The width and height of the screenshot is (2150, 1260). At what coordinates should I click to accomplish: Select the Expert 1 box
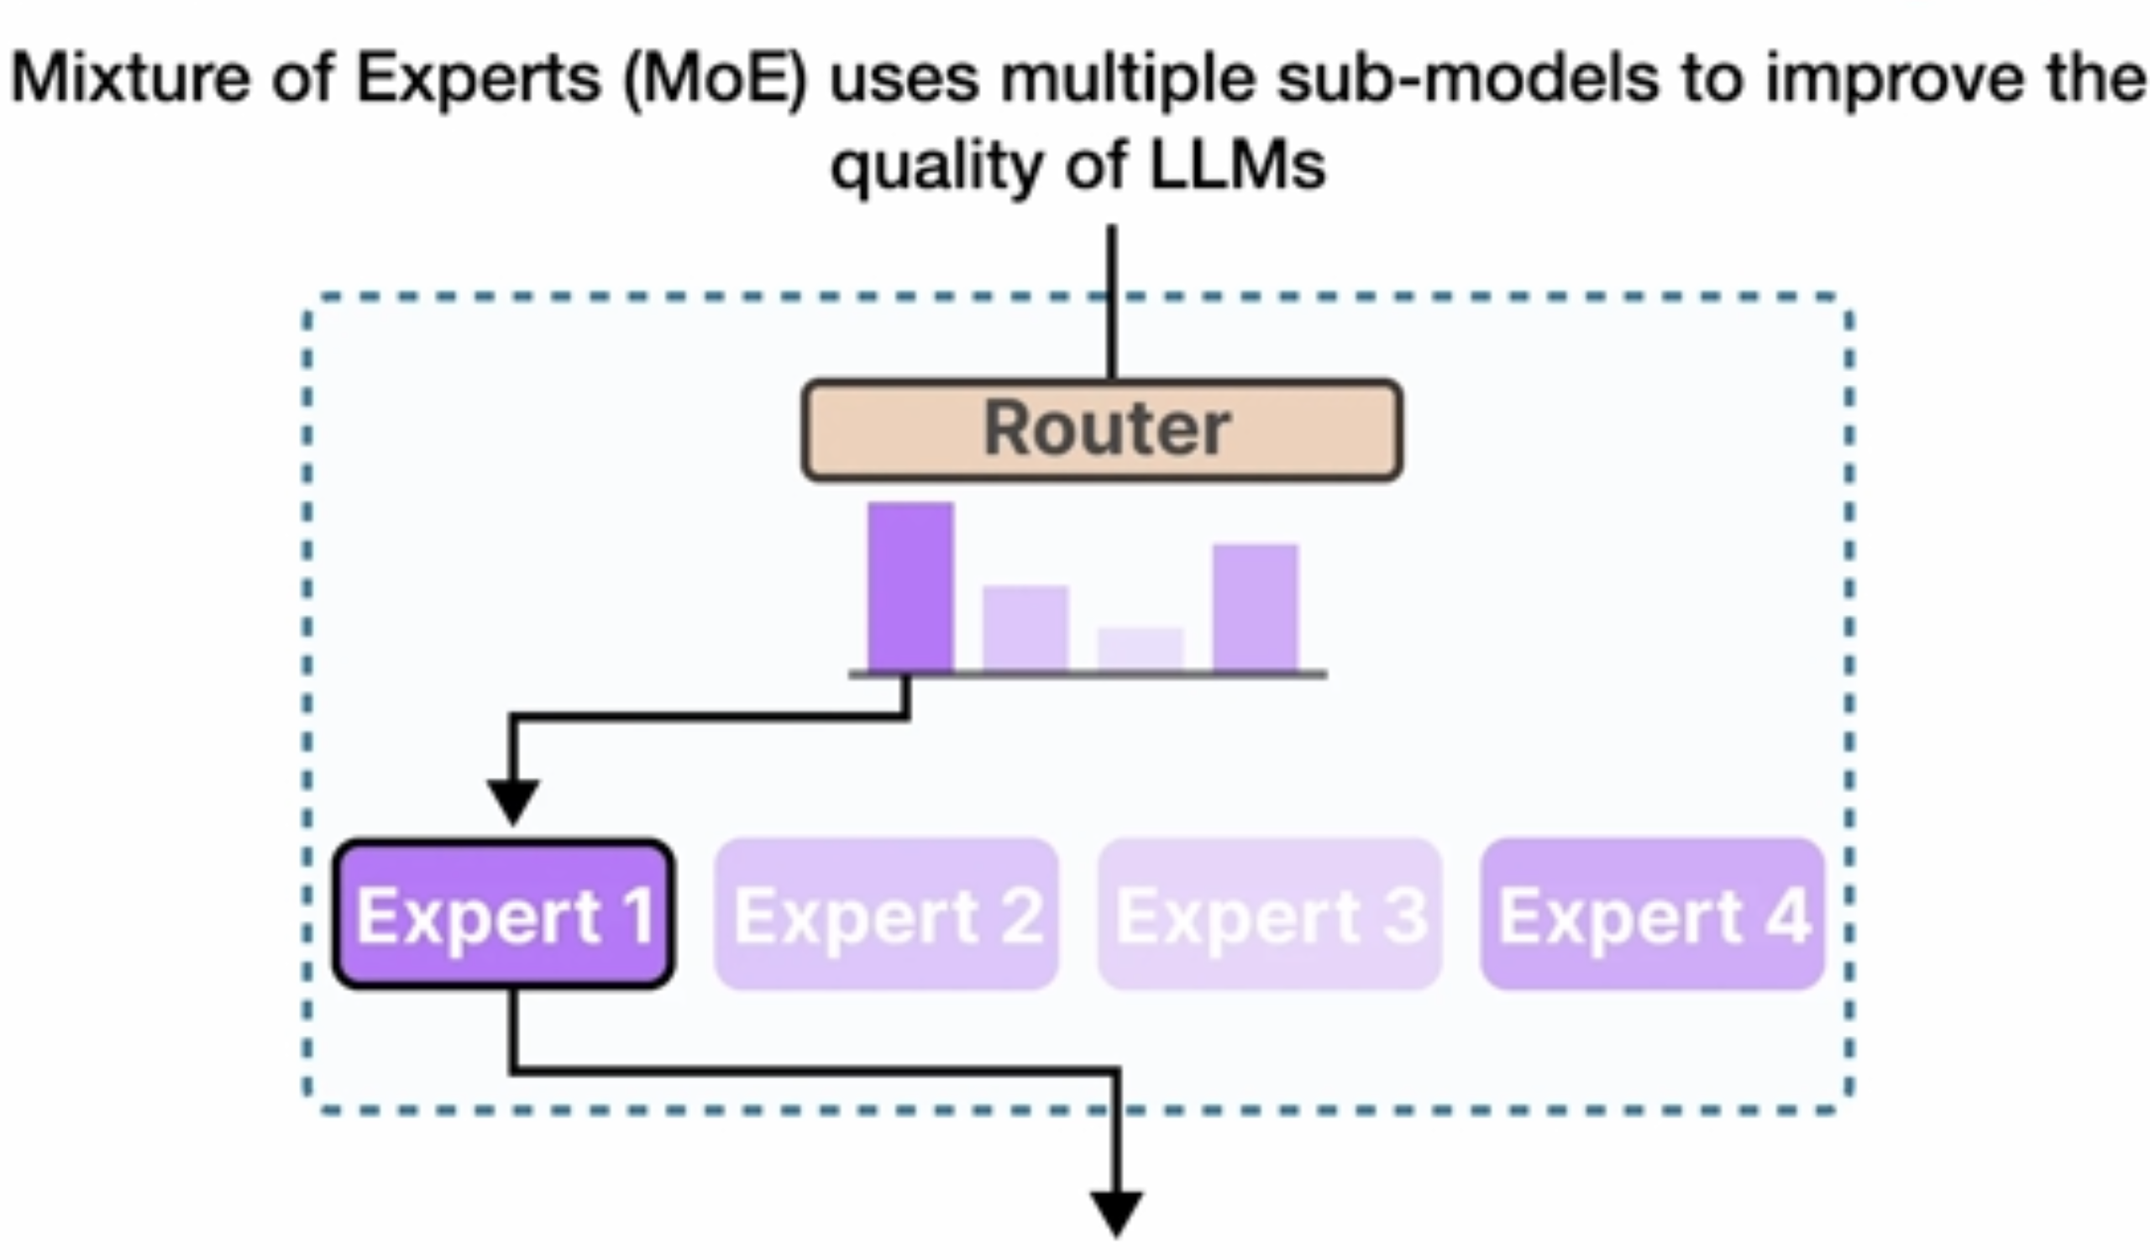click(x=504, y=915)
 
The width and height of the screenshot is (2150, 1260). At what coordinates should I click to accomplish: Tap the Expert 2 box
click(x=886, y=915)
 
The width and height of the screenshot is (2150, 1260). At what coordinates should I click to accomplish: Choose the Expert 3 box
click(x=1270, y=915)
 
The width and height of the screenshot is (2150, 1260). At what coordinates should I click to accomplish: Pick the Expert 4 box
click(x=1653, y=915)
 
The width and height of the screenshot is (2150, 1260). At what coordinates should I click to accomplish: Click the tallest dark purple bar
click(x=910, y=587)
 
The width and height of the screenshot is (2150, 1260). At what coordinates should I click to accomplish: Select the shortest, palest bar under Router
click(x=1141, y=650)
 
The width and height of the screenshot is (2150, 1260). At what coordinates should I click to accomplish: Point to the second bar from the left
click(x=1025, y=628)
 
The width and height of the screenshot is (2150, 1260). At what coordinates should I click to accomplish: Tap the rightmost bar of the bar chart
click(x=1256, y=608)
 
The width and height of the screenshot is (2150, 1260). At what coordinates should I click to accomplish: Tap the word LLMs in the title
click(x=1238, y=165)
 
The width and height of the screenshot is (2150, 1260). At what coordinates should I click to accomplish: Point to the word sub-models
click(x=1467, y=78)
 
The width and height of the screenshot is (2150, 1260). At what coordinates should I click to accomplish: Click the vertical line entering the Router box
click(x=1111, y=302)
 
